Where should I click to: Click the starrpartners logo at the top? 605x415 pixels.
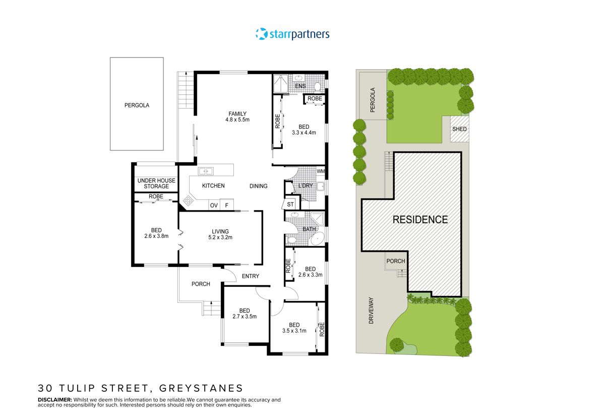pos(292,34)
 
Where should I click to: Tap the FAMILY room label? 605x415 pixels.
pos(237,113)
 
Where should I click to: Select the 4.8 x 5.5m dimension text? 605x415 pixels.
pos(237,120)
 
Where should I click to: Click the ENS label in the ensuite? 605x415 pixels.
pos(300,86)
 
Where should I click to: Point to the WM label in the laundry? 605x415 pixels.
pos(321,172)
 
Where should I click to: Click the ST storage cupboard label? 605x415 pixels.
pos(290,204)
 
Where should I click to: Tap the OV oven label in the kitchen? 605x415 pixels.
pos(214,205)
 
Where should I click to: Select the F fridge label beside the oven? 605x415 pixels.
pos(227,205)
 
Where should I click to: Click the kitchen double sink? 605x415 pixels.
pos(205,171)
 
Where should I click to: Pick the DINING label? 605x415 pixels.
pos(259,186)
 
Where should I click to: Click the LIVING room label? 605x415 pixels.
pos(220,232)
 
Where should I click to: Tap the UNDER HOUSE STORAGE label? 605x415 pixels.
pos(156,184)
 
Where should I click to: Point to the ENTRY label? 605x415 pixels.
pos(251,276)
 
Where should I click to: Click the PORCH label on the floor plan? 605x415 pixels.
pos(201,284)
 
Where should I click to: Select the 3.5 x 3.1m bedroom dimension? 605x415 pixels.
pos(295,331)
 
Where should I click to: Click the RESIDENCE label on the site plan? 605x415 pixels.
pos(420,220)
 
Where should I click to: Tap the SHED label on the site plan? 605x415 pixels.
pos(459,129)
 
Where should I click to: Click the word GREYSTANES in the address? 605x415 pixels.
pos(201,388)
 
